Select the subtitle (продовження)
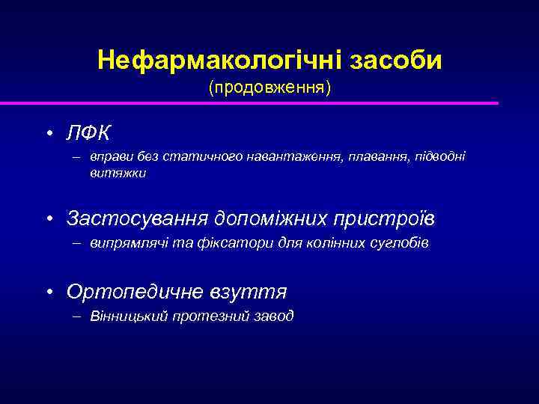pyautogui.click(x=269, y=88)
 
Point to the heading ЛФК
pyautogui.click(x=88, y=133)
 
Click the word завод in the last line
pyautogui.click(x=273, y=315)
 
